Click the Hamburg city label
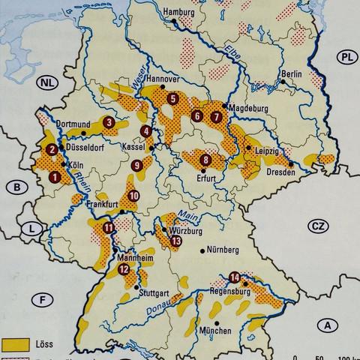click(181, 13)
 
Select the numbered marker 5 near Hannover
click(173, 98)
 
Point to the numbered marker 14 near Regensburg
click(235, 276)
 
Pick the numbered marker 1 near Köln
click(54, 178)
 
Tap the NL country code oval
click(47, 82)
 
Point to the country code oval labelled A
click(326, 325)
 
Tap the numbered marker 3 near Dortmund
click(109, 122)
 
